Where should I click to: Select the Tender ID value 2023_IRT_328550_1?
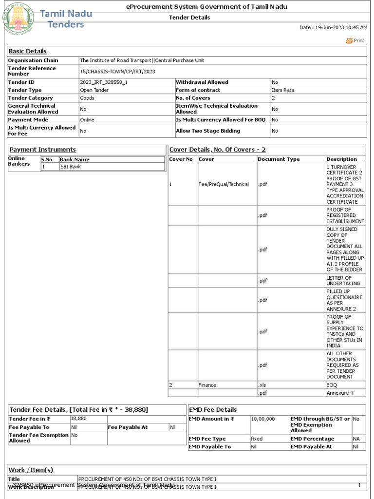(x=104, y=82)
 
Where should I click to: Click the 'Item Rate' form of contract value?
(x=282, y=90)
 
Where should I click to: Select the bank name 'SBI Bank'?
(x=71, y=167)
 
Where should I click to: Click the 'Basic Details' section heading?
(x=28, y=51)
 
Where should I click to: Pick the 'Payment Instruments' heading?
(x=43, y=150)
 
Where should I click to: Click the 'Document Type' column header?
(x=279, y=159)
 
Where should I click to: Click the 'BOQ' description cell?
(x=332, y=385)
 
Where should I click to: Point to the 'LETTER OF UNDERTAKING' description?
(x=343, y=281)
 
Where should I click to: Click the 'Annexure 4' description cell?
(x=339, y=393)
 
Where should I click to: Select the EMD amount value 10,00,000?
(x=263, y=419)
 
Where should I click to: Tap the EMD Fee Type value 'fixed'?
(x=257, y=439)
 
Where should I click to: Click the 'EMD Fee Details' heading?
(x=213, y=410)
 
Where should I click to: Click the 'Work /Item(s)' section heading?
(x=31, y=470)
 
